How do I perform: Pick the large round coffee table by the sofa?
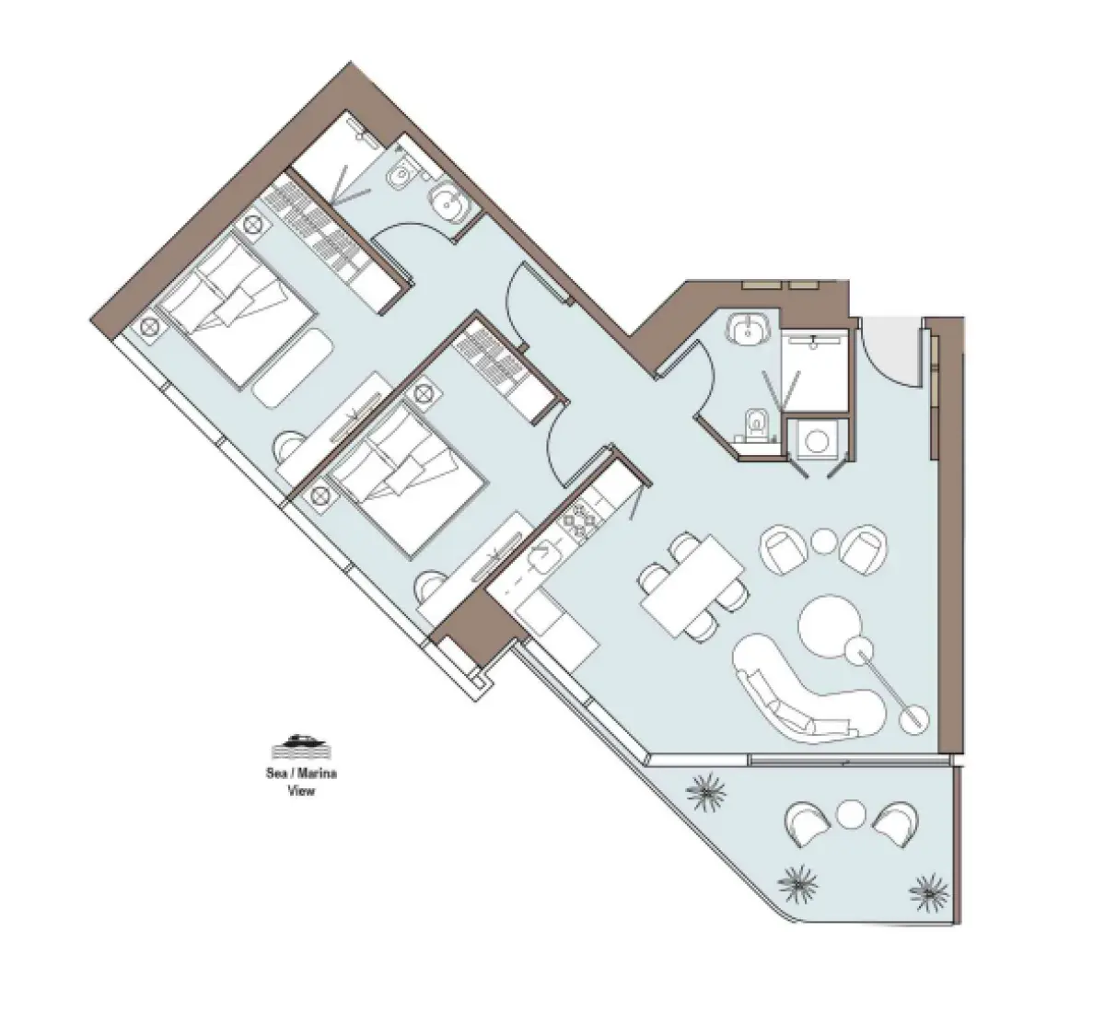[x=828, y=626]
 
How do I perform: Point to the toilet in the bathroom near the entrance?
[x=755, y=425]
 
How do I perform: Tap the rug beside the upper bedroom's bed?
[x=293, y=366]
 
